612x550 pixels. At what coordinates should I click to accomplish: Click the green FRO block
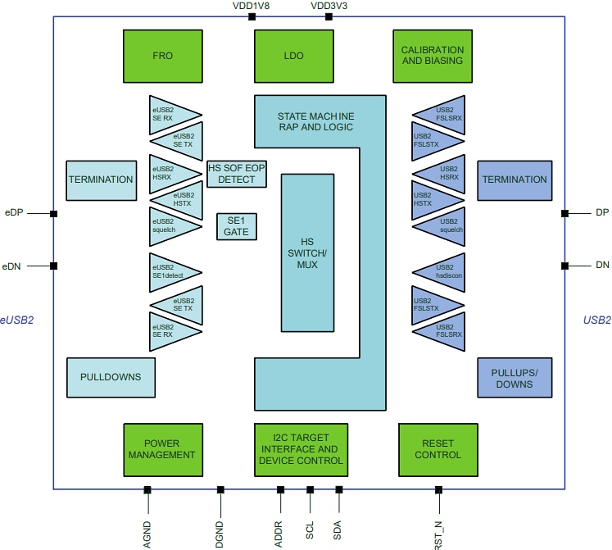point(163,57)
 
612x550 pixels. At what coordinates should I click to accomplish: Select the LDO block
point(294,57)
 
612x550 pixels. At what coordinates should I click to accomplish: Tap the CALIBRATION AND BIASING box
point(433,57)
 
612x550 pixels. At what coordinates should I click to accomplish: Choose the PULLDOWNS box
point(111,377)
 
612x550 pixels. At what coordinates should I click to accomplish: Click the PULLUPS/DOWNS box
point(512,378)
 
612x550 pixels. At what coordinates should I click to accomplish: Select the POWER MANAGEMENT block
point(163,449)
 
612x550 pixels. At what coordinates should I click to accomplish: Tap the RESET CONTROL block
point(437,449)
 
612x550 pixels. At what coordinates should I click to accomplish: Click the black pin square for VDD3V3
point(329,16)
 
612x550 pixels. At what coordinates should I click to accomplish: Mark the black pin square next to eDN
point(54,266)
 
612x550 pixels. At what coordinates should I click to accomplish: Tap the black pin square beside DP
point(564,213)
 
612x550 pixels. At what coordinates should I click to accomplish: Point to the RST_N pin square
point(438,490)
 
